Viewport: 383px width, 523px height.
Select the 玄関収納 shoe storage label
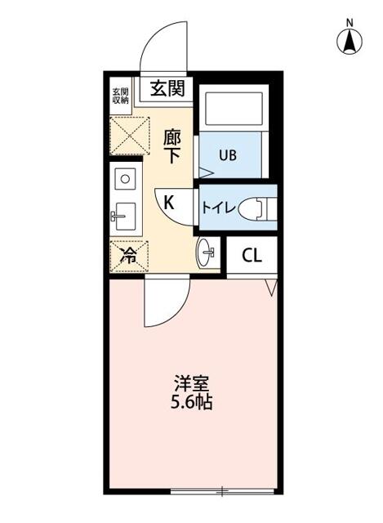tap(121, 95)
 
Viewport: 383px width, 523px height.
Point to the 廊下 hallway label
tap(172, 145)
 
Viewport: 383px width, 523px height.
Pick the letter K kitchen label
tap(169, 203)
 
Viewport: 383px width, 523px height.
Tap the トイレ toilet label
tap(219, 208)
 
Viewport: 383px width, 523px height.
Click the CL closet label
tap(252, 255)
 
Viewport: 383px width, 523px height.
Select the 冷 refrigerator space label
tap(127, 255)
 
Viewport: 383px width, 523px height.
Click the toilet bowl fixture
tap(259, 208)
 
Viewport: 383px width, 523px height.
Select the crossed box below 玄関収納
tap(129, 135)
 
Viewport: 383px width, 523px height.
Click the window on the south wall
tap(222, 492)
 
